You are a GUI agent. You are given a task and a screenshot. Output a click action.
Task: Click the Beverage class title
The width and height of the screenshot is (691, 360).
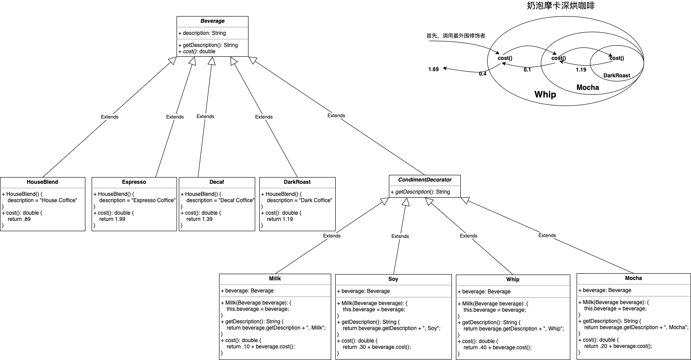212,21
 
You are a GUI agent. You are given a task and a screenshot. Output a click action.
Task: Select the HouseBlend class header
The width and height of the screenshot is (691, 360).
42,182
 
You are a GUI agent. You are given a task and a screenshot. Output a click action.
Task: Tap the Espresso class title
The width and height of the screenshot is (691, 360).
134,182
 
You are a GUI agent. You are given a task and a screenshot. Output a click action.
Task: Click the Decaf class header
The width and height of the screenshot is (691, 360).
217,182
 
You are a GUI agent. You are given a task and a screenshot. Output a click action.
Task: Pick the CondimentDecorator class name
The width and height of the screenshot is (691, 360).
424,180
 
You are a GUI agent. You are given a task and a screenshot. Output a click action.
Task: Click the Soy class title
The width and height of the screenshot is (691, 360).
393,279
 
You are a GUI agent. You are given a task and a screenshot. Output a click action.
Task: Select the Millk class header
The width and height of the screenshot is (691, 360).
275,279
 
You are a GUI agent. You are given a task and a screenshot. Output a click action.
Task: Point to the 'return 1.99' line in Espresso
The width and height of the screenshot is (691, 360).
112,219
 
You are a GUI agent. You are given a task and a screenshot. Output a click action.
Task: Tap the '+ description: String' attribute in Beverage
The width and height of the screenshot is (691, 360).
202,33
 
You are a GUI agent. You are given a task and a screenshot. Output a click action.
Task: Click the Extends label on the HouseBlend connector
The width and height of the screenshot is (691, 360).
110,117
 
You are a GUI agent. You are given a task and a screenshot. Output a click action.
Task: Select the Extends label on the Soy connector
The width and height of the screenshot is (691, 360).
400,236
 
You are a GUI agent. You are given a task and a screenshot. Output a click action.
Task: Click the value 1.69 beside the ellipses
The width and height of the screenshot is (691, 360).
434,69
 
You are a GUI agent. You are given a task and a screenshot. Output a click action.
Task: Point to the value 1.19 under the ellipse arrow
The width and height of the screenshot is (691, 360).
581,70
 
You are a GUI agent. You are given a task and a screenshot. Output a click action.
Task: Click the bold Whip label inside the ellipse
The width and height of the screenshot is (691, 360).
545,94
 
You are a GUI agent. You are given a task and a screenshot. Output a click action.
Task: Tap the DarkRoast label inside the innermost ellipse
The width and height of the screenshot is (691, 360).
617,76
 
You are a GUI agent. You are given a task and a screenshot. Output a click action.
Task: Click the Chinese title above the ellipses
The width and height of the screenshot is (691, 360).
560,6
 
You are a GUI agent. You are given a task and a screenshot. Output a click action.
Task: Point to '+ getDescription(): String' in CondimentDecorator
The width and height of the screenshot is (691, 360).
420,192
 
